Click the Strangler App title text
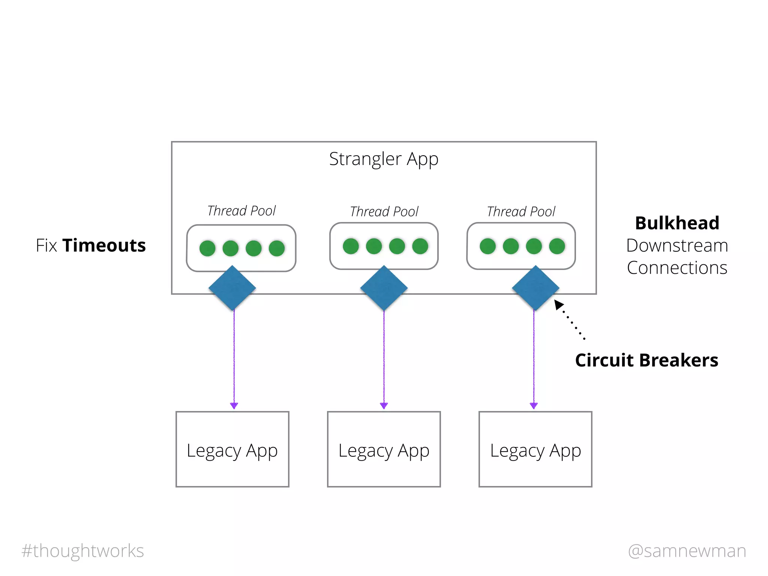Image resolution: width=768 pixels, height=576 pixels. [x=384, y=159]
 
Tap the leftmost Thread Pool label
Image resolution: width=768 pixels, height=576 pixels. [x=241, y=211]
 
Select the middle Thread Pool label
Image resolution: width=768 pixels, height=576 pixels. [x=384, y=211]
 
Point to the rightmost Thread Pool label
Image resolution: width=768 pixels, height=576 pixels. [x=521, y=211]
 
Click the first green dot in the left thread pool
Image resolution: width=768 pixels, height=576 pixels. [x=207, y=248]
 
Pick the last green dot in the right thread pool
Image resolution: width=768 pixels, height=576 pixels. [x=557, y=246]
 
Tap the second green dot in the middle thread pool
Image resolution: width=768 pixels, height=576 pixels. [x=374, y=246]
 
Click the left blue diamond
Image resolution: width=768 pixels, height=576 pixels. [x=232, y=288]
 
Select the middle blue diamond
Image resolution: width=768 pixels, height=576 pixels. [x=384, y=288]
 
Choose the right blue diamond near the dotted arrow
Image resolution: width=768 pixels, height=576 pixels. [x=535, y=288]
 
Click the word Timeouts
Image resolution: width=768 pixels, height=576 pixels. [x=104, y=246]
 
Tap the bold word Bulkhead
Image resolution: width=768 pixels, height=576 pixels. [x=677, y=223]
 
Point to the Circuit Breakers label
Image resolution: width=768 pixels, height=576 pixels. [x=646, y=360]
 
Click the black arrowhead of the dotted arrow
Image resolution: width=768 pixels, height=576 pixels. [x=559, y=304]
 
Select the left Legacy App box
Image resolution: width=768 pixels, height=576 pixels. [x=232, y=449]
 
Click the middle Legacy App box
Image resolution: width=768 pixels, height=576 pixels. [x=384, y=449]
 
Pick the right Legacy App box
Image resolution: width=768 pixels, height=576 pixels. [x=535, y=449]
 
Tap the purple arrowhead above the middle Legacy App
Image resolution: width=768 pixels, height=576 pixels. [x=384, y=405]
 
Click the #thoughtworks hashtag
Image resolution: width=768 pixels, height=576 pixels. [x=83, y=551]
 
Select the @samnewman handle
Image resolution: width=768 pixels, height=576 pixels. [x=687, y=551]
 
